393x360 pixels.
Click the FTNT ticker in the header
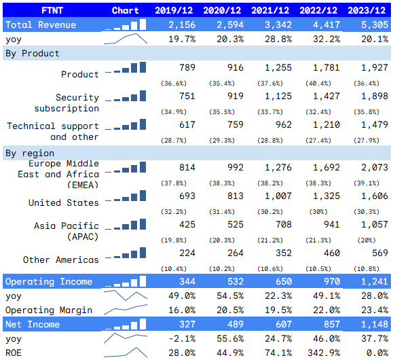[51, 10]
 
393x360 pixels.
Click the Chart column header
[125, 10]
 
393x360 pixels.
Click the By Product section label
[32, 53]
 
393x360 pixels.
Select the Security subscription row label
[67, 103]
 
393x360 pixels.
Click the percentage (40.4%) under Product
[323, 83]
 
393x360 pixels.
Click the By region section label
[29, 153]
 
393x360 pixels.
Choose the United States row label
[64, 202]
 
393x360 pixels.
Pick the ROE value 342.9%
[321, 352]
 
